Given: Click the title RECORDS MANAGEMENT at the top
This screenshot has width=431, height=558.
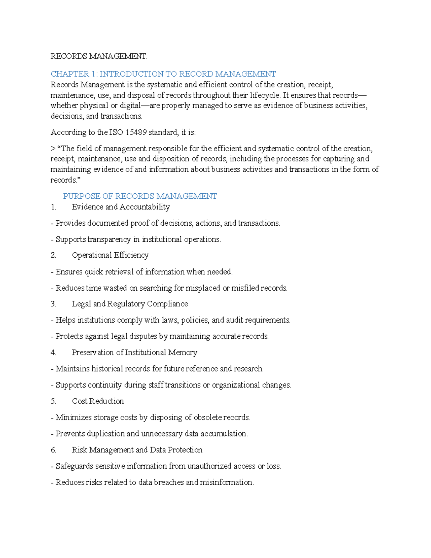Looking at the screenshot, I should coord(99,56).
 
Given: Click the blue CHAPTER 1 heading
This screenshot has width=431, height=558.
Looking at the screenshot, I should coord(163,74).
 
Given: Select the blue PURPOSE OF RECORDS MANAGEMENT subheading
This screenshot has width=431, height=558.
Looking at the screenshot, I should coord(140,196).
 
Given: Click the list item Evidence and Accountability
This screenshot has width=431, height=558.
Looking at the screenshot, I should coord(121,207).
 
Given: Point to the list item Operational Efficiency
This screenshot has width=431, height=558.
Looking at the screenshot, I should coord(110,255).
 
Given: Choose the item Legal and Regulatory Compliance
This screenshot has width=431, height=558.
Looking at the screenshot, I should coord(130,304).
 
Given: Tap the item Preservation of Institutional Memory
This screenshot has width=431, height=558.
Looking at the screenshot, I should coord(134,352).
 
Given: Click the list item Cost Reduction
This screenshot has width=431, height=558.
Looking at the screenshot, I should coord(98,401).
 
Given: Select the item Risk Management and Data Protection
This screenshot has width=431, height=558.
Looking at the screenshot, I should coord(137,450).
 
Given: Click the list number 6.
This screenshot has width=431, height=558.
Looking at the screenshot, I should coord(54,450).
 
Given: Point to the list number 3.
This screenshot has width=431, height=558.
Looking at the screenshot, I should coord(54,304).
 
